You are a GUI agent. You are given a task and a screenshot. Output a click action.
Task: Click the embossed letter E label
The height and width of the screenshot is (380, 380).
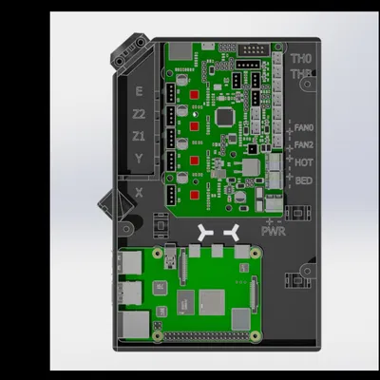pyautogui.click(x=140, y=91)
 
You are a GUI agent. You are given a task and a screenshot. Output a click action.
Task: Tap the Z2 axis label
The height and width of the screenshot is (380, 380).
pyautogui.click(x=140, y=114)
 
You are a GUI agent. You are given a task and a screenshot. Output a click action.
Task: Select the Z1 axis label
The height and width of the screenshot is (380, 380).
pyautogui.click(x=140, y=136)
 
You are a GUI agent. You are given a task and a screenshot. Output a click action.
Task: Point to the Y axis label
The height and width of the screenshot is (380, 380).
pyautogui.click(x=140, y=159)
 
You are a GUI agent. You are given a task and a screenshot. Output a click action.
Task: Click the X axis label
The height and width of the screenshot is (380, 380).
pyautogui.click(x=140, y=191)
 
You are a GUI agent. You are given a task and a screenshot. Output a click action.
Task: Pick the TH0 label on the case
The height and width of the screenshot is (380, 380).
pyautogui.click(x=301, y=58)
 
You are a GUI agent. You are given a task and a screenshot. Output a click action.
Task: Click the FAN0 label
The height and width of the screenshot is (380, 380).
pyautogui.click(x=304, y=127)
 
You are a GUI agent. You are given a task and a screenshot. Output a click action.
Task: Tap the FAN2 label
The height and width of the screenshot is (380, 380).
pyautogui.click(x=304, y=144)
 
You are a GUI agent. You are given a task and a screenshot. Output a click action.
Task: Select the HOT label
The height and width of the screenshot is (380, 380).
pyautogui.click(x=304, y=162)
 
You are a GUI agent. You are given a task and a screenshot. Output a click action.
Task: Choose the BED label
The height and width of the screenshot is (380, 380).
pyautogui.click(x=304, y=180)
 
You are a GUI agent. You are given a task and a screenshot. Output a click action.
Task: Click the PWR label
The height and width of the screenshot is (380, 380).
pyautogui.click(x=274, y=230)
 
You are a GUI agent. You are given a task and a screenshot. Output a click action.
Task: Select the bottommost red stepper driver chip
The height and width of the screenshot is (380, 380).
pyautogui.click(x=194, y=195)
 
